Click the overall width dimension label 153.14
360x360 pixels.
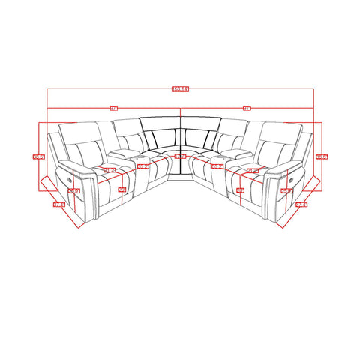(x=180, y=89)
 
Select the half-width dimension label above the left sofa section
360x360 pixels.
(x=114, y=109)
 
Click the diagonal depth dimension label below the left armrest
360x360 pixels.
(x=58, y=204)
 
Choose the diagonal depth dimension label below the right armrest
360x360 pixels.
(x=301, y=204)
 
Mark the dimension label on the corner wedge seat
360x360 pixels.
(x=180, y=157)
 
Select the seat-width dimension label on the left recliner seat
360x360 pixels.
(x=109, y=172)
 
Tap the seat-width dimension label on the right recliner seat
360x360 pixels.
(x=252, y=172)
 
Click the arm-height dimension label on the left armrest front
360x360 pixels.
(x=73, y=191)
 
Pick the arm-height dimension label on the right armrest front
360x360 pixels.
(x=286, y=191)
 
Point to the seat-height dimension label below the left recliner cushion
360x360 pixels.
(x=121, y=191)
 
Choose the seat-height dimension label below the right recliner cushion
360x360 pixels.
(x=240, y=191)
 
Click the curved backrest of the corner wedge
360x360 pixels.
(x=180, y=127)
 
